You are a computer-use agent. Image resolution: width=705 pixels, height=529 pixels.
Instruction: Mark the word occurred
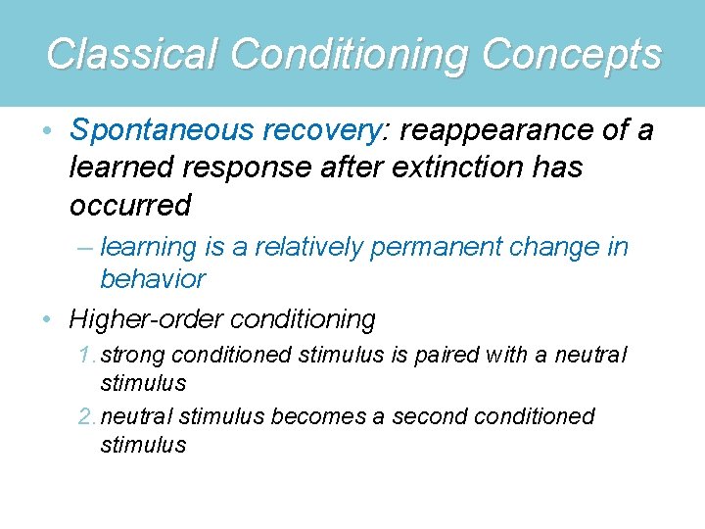(x=130, y=205)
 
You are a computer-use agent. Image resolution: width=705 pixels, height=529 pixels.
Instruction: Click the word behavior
(x=153, y=279)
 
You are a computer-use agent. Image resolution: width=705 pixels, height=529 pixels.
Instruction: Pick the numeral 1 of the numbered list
(x=85, y=355)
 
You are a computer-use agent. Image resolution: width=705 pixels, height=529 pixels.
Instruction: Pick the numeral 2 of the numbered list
(x=85, y=416)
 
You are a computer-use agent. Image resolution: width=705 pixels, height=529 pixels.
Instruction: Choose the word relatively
(x=312, y=248)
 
